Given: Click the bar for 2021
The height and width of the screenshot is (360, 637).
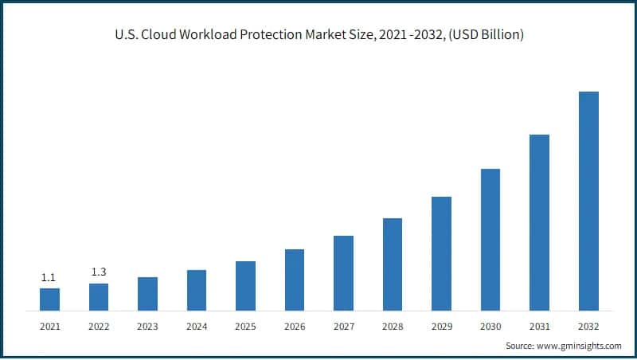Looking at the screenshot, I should pos(49,299).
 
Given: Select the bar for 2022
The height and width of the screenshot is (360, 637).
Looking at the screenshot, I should pos(99,297).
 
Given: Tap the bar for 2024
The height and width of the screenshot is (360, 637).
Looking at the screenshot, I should pos(197,290).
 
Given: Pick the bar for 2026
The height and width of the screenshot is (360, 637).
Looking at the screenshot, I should pos(295,280).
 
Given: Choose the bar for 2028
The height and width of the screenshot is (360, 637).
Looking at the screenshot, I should pos(393,264).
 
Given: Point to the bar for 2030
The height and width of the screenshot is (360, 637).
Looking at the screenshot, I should pos(490,240).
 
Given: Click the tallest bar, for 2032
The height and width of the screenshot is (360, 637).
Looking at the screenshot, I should pos(588,201).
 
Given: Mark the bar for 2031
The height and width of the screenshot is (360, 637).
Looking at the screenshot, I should pos(539,222).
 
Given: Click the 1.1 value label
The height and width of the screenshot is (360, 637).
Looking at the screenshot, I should pos(49,278).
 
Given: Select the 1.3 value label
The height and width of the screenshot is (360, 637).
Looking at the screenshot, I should pos(98,272).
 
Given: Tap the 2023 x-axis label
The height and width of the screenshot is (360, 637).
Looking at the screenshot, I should pos(147,327).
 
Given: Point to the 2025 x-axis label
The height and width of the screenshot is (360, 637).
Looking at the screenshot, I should pos(245,327).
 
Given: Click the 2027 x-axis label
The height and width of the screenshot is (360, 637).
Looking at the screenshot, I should pos(343,327).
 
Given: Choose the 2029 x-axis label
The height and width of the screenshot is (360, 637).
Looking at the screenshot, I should pos(441,327).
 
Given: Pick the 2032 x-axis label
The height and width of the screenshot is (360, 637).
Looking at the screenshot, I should pos(588,327).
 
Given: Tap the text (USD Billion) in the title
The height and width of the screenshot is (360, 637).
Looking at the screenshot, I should pos(487,35).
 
